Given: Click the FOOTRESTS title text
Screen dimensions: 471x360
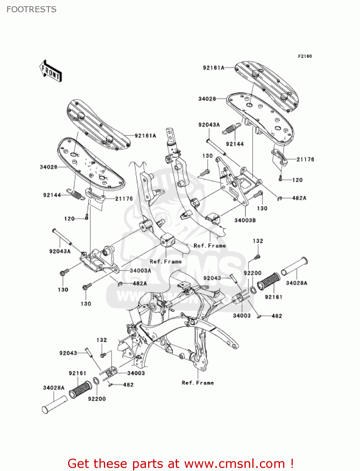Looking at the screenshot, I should (x=31, y=9).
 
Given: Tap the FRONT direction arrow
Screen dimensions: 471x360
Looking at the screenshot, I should (x=50, y=71).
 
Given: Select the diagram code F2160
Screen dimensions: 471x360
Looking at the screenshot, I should (x=305, y=56).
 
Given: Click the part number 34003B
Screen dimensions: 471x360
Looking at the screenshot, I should (x=245, y=220).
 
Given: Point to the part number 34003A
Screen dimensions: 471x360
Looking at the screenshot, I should (x=140, y=270).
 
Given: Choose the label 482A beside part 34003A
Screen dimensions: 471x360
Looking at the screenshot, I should (x=140, y=283).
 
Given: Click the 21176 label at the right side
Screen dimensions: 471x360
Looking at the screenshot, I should (x=305, y=159).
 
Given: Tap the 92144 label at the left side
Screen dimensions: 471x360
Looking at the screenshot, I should (x=52, y=195).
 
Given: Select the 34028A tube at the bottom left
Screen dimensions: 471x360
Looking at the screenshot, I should (x=54, y=404).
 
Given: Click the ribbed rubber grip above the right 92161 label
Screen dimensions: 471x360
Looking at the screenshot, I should (x=269, y=281).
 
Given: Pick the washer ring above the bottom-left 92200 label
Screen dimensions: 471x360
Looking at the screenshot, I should (x=96, y=382).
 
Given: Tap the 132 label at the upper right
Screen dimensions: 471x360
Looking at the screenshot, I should (x=258, y=241).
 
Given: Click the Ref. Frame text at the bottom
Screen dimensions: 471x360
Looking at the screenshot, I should (x=198, y=382).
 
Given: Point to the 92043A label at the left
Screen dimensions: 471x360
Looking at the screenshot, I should (x=60, y=251).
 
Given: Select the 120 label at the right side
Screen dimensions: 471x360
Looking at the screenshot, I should (x=297, y=180).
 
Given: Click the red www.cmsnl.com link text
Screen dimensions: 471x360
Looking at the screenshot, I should (x=234, y=463).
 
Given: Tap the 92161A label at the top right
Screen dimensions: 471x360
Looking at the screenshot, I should (x=213, y=68).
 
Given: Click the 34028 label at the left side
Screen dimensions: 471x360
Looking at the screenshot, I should (x=48, y=167).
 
